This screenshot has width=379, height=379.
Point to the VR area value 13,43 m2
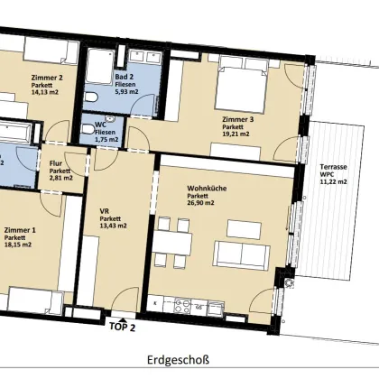click(x=113, y=226)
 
